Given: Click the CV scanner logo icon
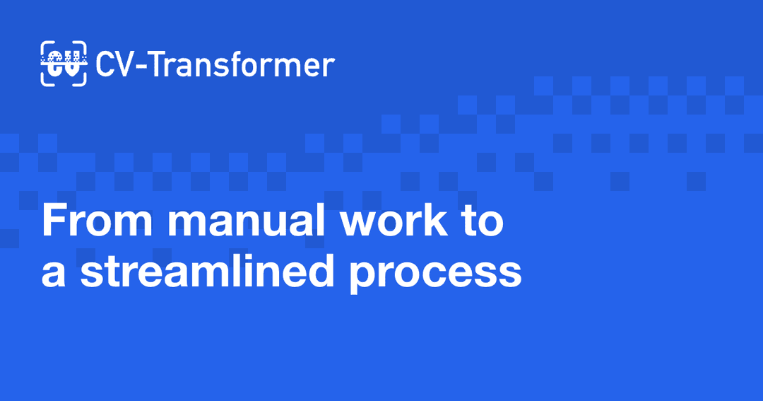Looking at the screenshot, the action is click(x=64, y=64).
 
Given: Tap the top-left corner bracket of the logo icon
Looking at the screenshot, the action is click(x=45, y=46).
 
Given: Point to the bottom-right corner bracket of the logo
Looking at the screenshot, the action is click(x=81, y=81).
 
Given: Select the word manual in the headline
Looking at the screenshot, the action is click(x=246, y=219).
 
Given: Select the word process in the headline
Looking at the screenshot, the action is click(x=435, y=274).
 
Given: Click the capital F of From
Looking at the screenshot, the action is click(x=53, y=220).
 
